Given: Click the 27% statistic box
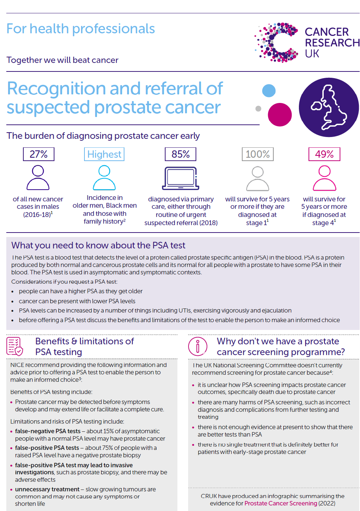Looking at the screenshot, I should coord(39,154).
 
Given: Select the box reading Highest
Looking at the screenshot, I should coord(104,154).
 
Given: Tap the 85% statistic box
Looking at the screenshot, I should coord(180,154).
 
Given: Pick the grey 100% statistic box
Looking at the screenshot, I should coord(257,154).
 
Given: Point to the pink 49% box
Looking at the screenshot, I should coord(324,154).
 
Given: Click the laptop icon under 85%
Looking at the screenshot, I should coord(181,178).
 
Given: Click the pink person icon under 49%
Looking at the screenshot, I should coord(324,178).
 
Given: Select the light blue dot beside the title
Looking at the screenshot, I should coord(269,91).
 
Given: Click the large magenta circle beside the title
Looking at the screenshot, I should coord(280,114).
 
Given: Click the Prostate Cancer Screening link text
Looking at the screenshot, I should coord(281,503).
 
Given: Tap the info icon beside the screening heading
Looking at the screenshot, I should coord(197,346).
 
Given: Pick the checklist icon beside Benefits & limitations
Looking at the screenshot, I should coord(15,346).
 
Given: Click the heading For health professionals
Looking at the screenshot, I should coord(81,29).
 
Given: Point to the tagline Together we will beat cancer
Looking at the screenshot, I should coord(62,60).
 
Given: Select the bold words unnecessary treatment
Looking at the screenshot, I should coord(47,489).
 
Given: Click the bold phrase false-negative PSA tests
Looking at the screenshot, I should coord(48,431).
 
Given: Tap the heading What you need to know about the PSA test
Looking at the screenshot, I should coord(98,245).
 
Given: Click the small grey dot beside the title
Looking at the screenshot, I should coord(259,108).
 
